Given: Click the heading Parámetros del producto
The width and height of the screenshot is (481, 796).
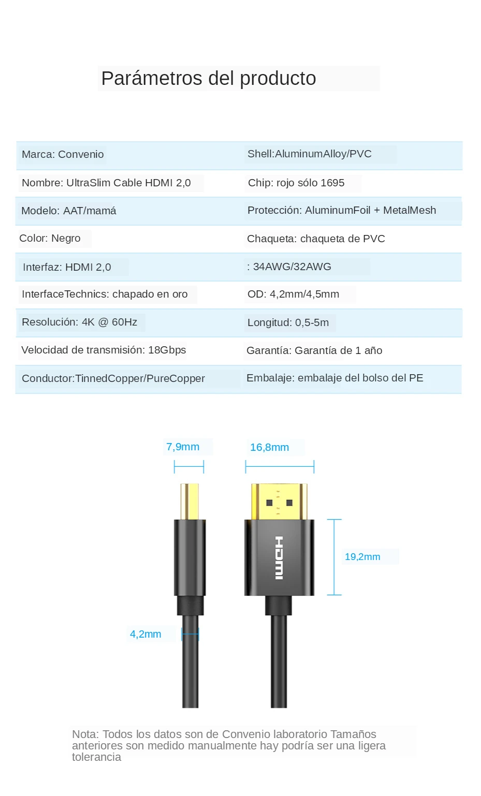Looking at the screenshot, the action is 209,79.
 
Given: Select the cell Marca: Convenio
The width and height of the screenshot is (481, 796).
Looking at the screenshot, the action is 63,154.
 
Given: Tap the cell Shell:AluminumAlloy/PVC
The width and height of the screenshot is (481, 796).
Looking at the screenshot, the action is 309,154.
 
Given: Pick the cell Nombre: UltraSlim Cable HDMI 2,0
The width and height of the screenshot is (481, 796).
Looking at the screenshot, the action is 106,183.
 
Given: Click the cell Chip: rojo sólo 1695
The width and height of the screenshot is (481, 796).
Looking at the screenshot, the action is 296,183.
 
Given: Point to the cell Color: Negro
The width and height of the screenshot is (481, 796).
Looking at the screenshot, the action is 50,238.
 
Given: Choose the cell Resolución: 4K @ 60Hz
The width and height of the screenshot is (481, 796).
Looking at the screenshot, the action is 79,322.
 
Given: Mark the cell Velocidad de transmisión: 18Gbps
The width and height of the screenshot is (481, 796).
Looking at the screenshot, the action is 104,350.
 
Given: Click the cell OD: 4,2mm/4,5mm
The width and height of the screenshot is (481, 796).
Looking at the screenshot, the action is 293,294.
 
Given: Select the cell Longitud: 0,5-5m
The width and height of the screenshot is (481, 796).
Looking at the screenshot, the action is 288,322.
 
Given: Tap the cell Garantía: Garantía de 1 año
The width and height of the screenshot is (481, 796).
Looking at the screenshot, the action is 314,350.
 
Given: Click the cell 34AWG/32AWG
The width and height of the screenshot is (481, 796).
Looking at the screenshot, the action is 291,267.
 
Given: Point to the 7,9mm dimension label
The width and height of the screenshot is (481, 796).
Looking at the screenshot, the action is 183,447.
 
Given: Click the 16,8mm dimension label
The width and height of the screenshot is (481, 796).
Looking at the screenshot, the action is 269,447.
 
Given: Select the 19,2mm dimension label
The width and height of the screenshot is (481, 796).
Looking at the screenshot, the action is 362,557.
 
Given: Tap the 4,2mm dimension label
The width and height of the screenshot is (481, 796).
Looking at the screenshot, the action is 145,634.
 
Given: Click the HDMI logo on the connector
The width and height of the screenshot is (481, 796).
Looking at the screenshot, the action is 279,558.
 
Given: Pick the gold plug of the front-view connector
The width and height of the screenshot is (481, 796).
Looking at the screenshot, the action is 279,501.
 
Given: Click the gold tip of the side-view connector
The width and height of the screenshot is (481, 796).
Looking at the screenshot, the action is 190,501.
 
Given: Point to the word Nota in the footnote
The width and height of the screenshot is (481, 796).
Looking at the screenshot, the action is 84,734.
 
